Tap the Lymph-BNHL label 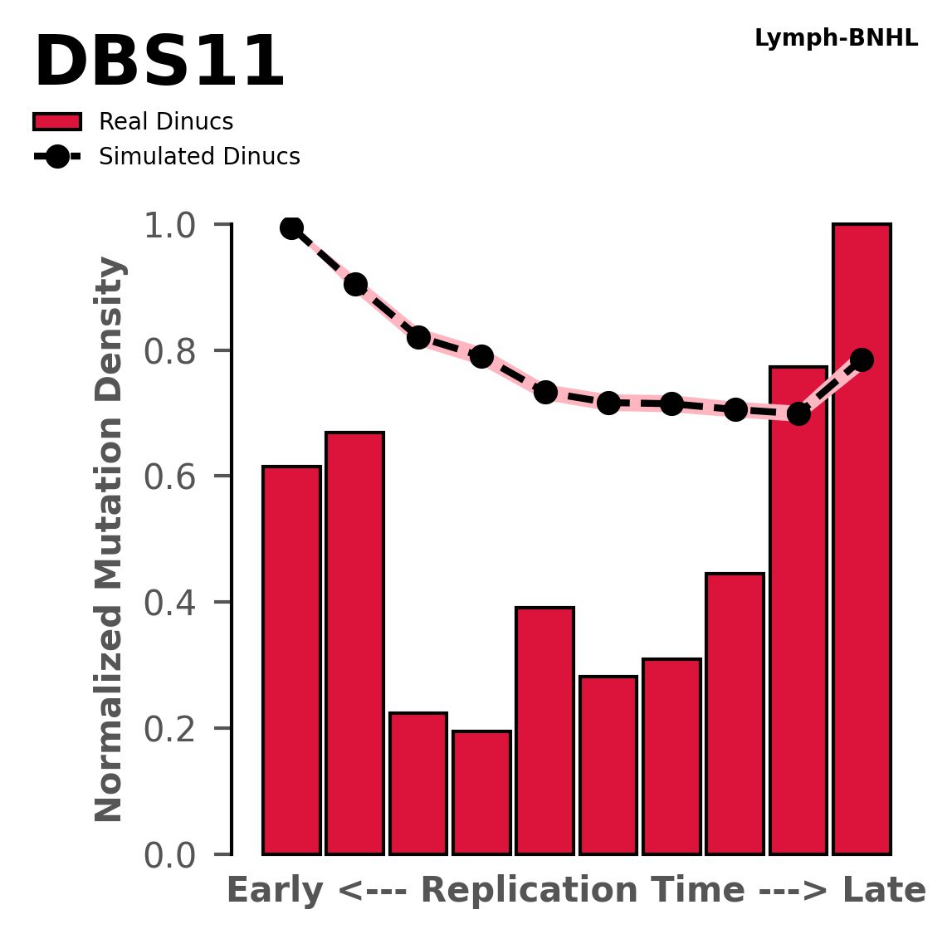[836, 38]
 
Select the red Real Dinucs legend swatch [57, 122]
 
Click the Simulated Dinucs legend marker [57, 157]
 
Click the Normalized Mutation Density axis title [110, 540]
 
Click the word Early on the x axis [275, 891]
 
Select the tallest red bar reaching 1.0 [862, 540]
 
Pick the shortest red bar [481, 792]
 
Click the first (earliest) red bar [291, 660]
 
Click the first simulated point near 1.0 [291, 227]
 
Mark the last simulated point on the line [862, 359]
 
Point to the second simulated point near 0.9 [355, 285]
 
